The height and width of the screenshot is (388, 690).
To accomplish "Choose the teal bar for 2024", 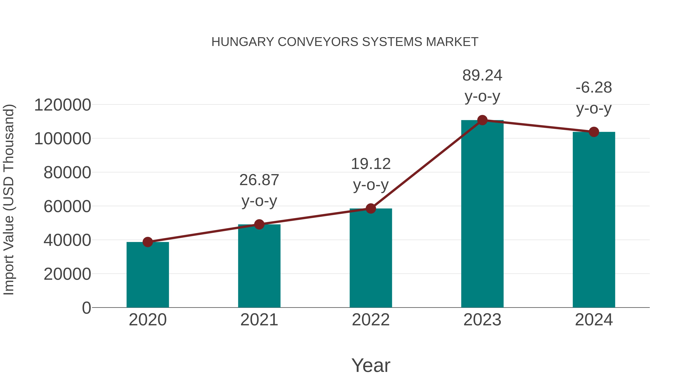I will [x=594, y=220].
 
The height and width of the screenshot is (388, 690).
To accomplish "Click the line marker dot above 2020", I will [x=148, y=242].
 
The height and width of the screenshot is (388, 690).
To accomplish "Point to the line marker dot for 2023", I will [x=482, y=120].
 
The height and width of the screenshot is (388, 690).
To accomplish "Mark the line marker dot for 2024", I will [x=594, y=132].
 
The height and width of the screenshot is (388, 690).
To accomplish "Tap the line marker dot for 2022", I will [x=371, y=208].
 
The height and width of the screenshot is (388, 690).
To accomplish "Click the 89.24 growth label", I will [x=482, y=75].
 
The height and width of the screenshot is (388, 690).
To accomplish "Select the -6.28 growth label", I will [x=594, y=88].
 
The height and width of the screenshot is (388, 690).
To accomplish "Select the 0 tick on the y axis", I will [x=86, y=308].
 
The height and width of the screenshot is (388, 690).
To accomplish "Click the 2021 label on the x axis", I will [x=259, y=320].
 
